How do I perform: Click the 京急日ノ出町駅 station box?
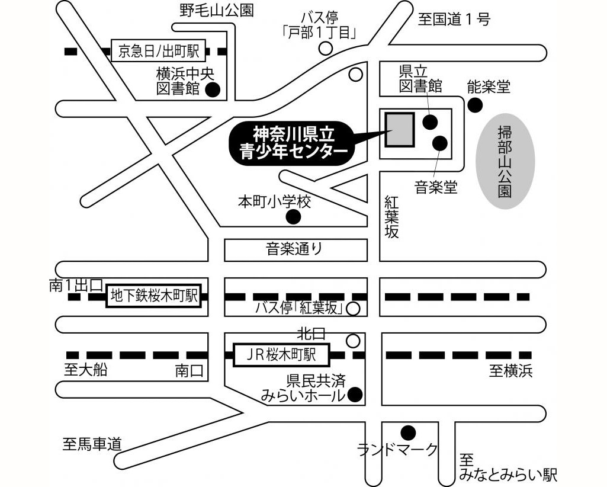click(x=158, y=52)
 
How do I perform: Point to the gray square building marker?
click(x=400, y=129)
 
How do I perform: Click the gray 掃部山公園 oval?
click(x=505, y=160)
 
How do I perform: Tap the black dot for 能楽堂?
click(x=474, y=105)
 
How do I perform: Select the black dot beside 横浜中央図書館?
click(x=212, y=90)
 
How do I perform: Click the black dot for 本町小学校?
click(x=293, y=217)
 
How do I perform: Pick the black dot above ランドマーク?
click(x=408, y=432)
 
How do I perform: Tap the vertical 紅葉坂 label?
click(x=391, y=216)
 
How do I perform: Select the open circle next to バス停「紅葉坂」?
click(x=353, y=308)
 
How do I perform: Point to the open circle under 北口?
click(x=353, y=341)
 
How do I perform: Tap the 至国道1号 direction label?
click(x=454, y=20)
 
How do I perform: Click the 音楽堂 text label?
click(x=436, y=188)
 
